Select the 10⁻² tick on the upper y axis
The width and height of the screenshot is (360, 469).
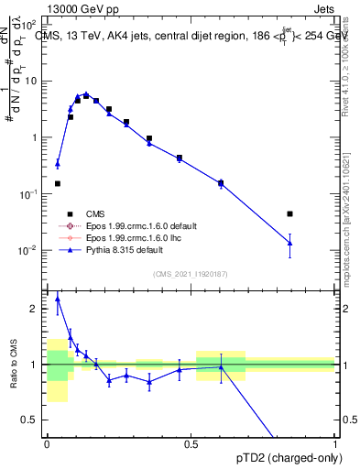(x=29, y=250)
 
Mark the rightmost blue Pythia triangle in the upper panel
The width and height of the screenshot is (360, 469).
(x=289, y=243)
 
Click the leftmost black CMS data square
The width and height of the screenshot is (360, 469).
(x=58, y=183)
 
